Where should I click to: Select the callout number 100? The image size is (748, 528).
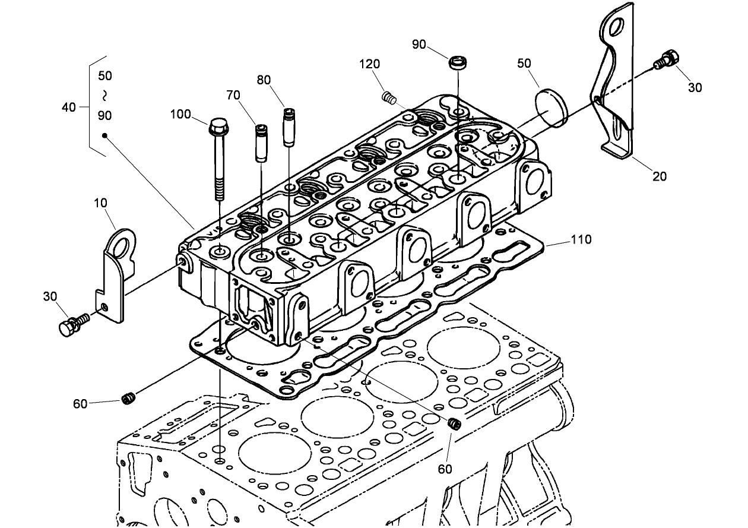click(x=180, y=113)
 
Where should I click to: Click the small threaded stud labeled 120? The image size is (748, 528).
click(x=389, y=96)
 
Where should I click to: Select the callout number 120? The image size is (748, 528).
click(x=370, y=64)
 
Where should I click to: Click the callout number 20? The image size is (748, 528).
click(x=660, y=176)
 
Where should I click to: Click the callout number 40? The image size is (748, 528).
click(x=69, y=107)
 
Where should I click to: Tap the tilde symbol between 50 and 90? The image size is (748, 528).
click(x=104, y=95)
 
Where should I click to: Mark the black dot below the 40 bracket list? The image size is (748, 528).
click(x=104, y=135)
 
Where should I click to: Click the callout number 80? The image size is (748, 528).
click(x=264, y=80)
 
